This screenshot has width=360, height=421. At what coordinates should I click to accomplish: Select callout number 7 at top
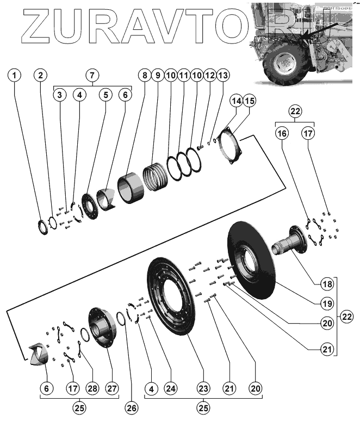92,75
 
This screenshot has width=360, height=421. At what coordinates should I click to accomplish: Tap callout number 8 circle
144,75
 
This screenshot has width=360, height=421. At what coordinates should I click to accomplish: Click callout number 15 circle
249,101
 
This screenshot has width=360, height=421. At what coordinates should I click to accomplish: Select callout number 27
111,388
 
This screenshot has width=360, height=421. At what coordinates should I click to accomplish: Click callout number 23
203,388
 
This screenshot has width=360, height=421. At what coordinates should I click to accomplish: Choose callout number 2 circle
41,75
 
